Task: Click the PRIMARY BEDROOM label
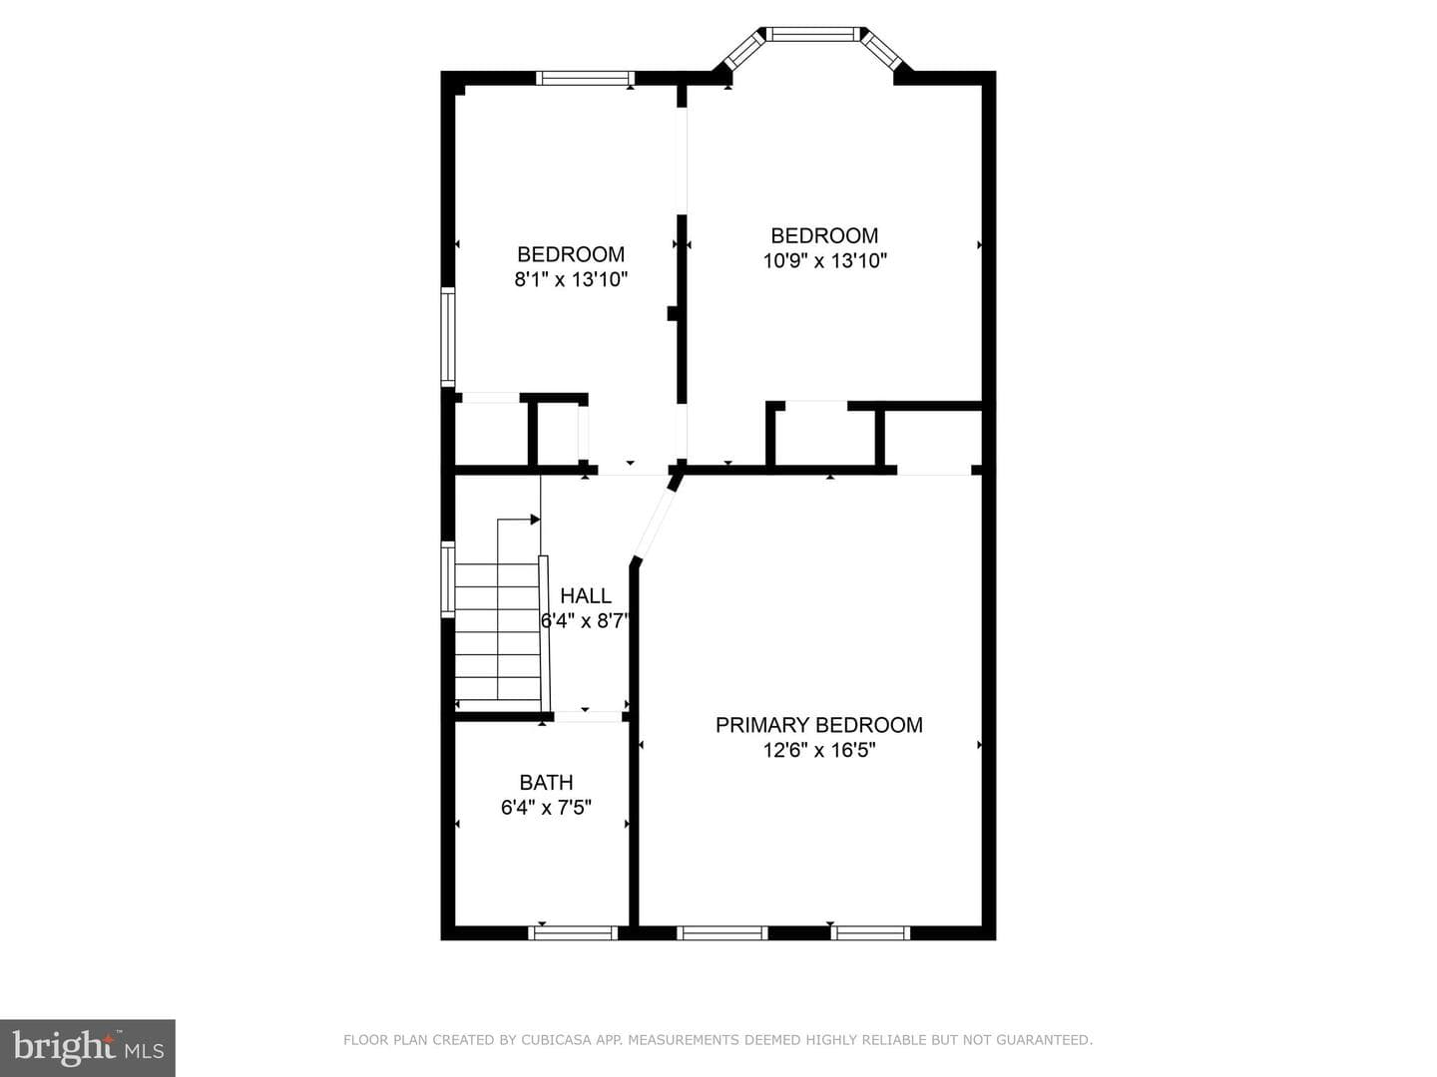coord(819,725)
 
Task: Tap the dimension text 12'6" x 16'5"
coord(819,750)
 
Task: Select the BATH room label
coord(546,782)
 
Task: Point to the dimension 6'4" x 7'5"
coord(546,808)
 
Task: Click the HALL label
coord(586,595)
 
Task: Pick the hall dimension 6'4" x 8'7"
coord(585,620)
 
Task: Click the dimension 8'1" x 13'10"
coord(571,279)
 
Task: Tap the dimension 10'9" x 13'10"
coord(825,261)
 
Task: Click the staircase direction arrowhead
coord(535,520)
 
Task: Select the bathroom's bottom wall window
coord(574,932)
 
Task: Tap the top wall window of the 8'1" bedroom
coord(585,79)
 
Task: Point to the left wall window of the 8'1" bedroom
coord(448,337)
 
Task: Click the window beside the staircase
coord(448,579)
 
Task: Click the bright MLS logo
coord(88,1048)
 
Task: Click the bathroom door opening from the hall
coord(588,717)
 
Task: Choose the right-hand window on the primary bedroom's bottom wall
coord(871,932)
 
